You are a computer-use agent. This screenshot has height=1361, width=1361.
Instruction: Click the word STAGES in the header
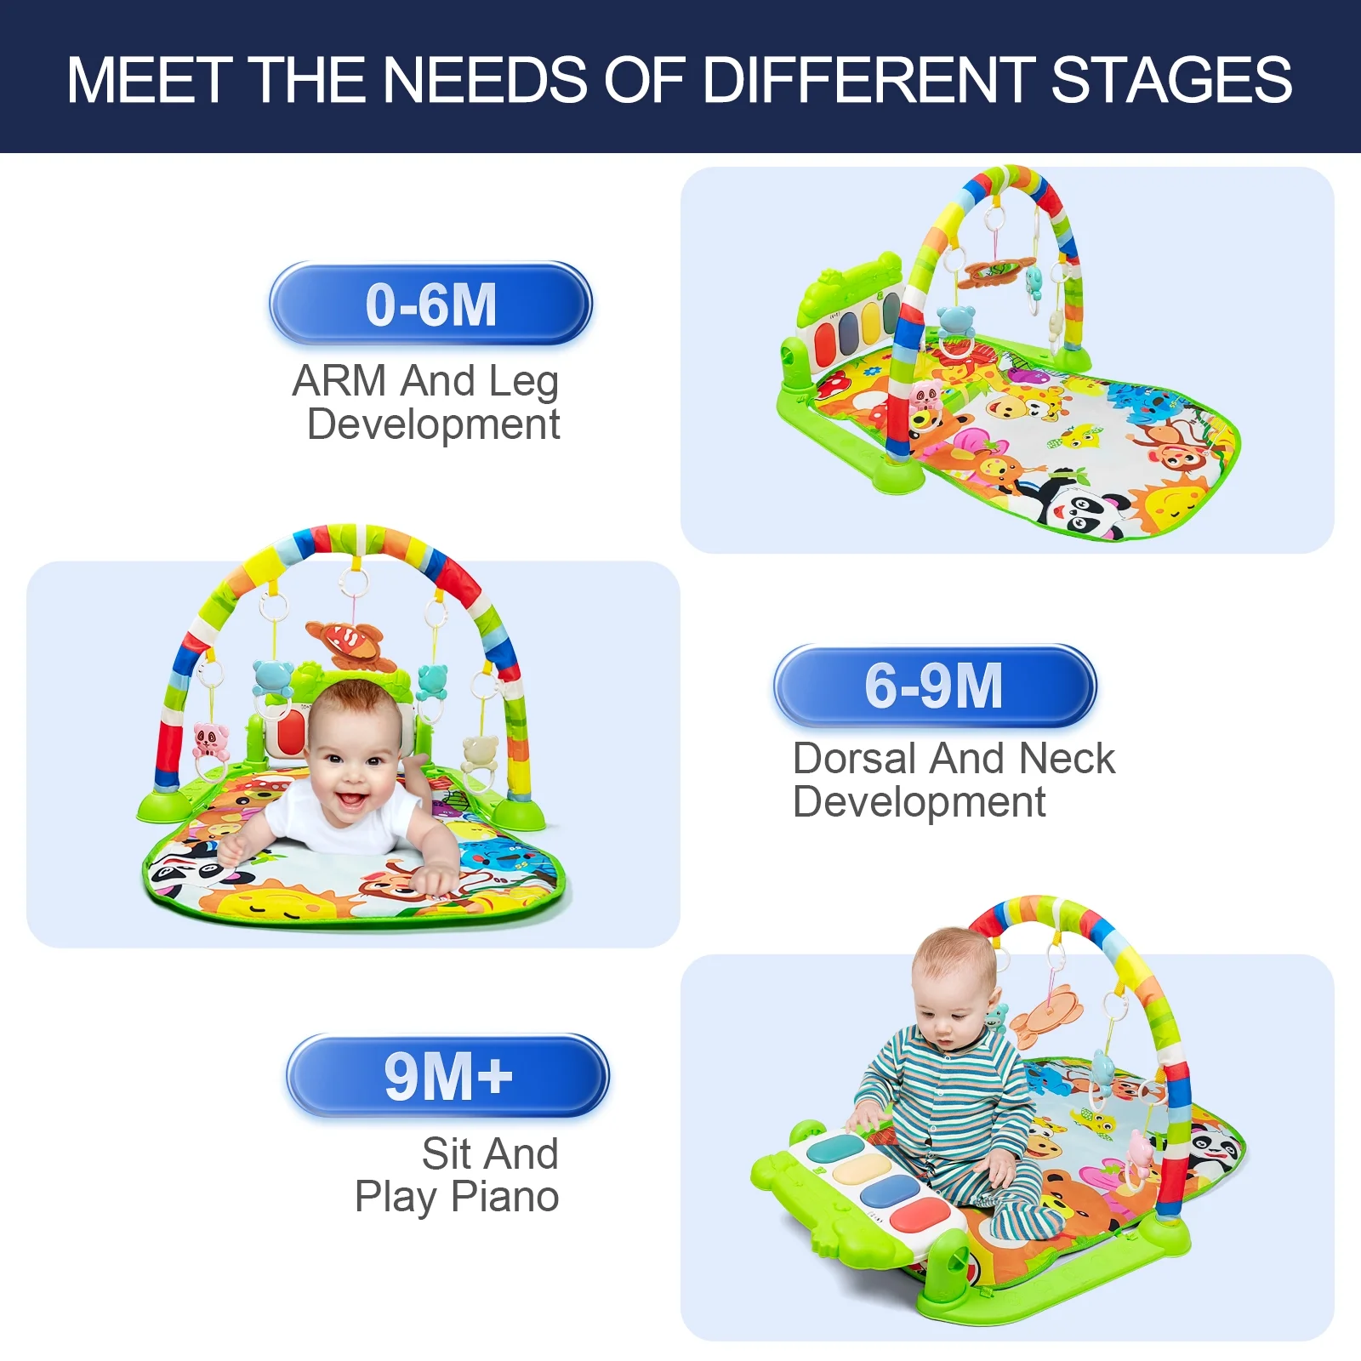[1171, 80]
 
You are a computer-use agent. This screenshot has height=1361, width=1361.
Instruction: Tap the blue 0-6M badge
[430, 304]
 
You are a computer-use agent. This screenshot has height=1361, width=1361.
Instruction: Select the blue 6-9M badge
[934, 686]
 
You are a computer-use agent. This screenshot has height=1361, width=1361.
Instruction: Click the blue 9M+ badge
[447, 1076]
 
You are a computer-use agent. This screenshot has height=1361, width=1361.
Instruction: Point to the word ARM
[339, 380]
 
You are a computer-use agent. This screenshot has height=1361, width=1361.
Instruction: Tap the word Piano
[504, 1197]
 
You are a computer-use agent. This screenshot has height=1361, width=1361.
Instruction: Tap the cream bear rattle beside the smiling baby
[481, 753]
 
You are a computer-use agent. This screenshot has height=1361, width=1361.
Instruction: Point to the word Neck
[1067, 758]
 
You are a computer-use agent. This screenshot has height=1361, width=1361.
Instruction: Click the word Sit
[447, 1153]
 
